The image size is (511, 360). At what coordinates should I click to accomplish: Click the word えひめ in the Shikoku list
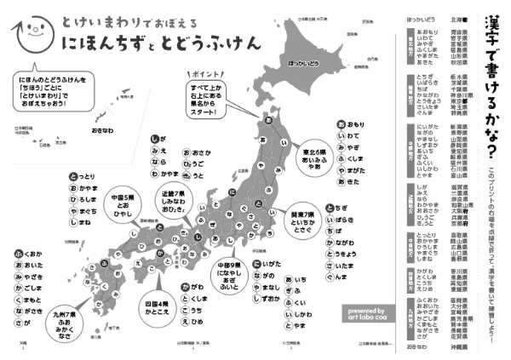196,323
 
